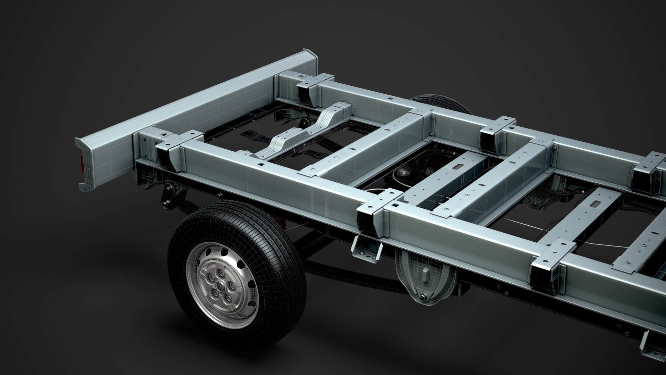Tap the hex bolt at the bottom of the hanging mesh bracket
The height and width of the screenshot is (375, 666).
pyautogui.click(x=424, y=298)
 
